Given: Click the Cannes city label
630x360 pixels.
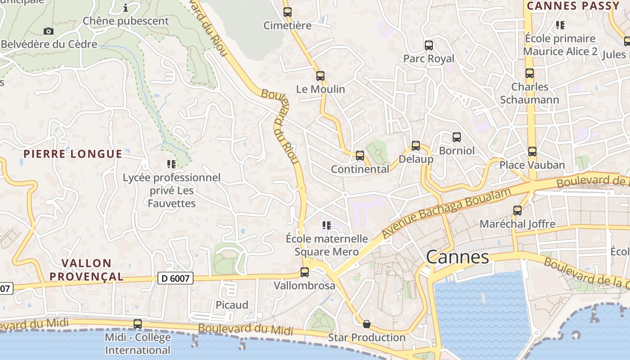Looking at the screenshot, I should [x=457, y=257].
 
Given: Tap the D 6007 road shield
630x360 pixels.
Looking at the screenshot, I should [x=176, y=279].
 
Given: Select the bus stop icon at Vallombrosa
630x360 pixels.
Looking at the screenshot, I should [x=305, y=272].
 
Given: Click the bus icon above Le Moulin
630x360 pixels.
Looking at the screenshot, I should [x=320, y=76].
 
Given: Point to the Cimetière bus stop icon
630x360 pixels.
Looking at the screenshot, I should [x=288, y=12].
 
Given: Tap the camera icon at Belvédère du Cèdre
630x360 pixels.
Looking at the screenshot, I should [x=49, y=31].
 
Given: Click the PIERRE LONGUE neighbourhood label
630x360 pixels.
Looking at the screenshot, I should [x=73, y=154].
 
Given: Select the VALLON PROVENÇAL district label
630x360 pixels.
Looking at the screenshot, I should [x=86, y=270].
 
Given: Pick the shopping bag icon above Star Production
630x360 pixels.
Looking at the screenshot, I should [x=367, y=324].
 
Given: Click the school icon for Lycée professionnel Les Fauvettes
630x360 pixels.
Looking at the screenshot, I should [x=171, y=164].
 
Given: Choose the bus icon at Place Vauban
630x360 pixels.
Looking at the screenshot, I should [x=532, y=152].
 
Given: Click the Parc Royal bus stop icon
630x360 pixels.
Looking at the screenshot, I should [x=429, y=45].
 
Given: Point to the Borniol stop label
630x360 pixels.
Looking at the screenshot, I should [x=457, y=151].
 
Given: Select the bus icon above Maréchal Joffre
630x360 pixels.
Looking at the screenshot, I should [x=517, y=210].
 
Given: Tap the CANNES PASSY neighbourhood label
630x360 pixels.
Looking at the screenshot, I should [x=573, y=6].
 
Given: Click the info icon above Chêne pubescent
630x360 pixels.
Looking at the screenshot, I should [x=126, y=8].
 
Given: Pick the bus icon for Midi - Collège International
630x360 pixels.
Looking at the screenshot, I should [x=138, y=324].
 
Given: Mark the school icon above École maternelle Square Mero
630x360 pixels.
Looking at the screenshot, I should [x=327, y=225].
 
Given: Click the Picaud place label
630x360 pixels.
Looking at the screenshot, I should [x=232, y=305].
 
